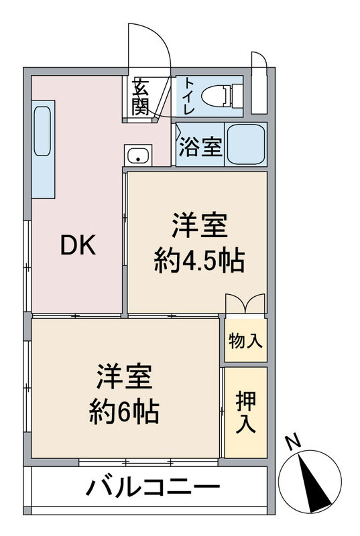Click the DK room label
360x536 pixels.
[79, 246]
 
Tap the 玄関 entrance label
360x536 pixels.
[140, 97]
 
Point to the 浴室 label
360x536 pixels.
[200, 147]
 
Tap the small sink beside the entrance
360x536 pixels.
[139, 156]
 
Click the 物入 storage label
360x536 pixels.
[245, 340]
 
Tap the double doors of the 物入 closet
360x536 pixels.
[245, 303]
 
